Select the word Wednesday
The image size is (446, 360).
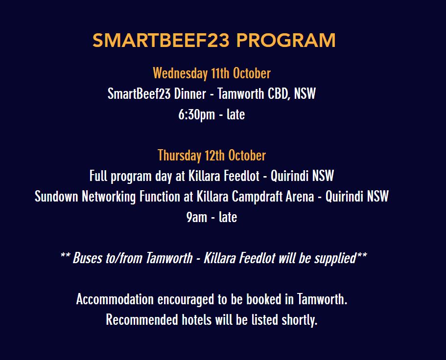(x=180, y=73)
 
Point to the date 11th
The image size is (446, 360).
(x=220, y=73)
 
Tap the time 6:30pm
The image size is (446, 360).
(x=197, y=115)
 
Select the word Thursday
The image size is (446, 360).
(x=180, y=156)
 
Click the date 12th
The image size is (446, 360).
(x=215, y=156)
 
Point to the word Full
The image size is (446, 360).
(x=98, y=176)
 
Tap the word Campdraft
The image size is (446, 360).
(x=258, y=197)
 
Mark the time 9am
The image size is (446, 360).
(x=197, y=217)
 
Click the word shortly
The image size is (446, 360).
(x=299, y=320)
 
